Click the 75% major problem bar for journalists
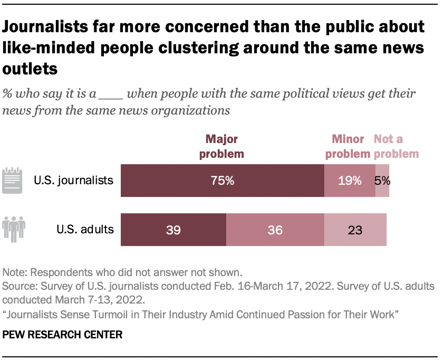click(222, 181)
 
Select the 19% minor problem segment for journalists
click(350, 181)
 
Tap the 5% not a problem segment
click(383, 181)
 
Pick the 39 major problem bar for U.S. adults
click(174, 230)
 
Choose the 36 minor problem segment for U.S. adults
click(275, 230)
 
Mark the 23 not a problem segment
click(355, 230)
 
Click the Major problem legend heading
click(222, 146)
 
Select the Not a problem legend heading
click(396, 146)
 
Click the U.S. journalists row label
click(73, 181)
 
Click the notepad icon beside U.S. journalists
click(13, 181)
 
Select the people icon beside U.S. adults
click(14, 229)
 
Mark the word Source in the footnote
click(18, 287)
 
